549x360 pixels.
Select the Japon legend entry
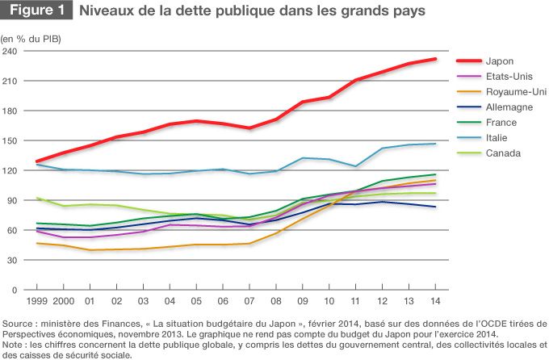(501, 61)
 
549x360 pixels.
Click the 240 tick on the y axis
(10, 52)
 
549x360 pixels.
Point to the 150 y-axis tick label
(10, 140)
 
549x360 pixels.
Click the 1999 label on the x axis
(36, 301)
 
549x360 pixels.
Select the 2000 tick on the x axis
(63, 301)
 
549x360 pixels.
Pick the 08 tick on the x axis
(275, 301)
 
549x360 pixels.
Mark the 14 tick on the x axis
(435, 301)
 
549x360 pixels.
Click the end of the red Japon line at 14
(435, 59)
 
